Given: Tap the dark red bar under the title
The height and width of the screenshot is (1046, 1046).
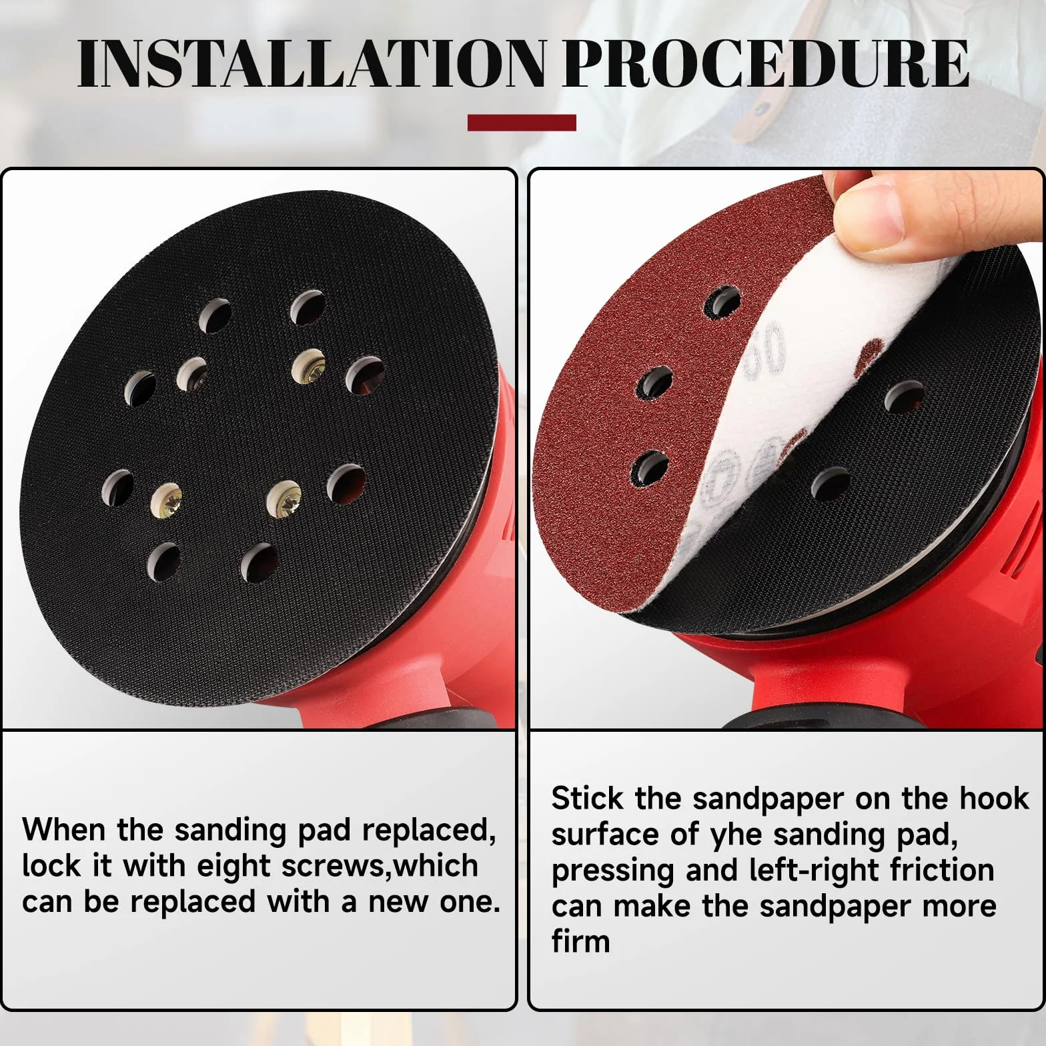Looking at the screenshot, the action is click(522, 122).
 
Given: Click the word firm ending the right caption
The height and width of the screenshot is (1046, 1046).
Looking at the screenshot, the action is click(581, 941).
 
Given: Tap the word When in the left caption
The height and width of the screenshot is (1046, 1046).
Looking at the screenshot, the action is click(65, 830).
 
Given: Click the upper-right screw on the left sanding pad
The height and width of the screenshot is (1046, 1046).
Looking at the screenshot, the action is click(310, 366).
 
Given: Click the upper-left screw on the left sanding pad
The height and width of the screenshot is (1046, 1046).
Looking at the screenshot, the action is click(192, 374).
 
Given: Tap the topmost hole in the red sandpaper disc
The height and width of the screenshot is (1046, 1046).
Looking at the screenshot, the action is click(724, 302).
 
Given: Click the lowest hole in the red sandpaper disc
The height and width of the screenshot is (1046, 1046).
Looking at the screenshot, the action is click(650, 468).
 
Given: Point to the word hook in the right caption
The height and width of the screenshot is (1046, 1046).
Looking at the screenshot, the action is click(994, 799).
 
